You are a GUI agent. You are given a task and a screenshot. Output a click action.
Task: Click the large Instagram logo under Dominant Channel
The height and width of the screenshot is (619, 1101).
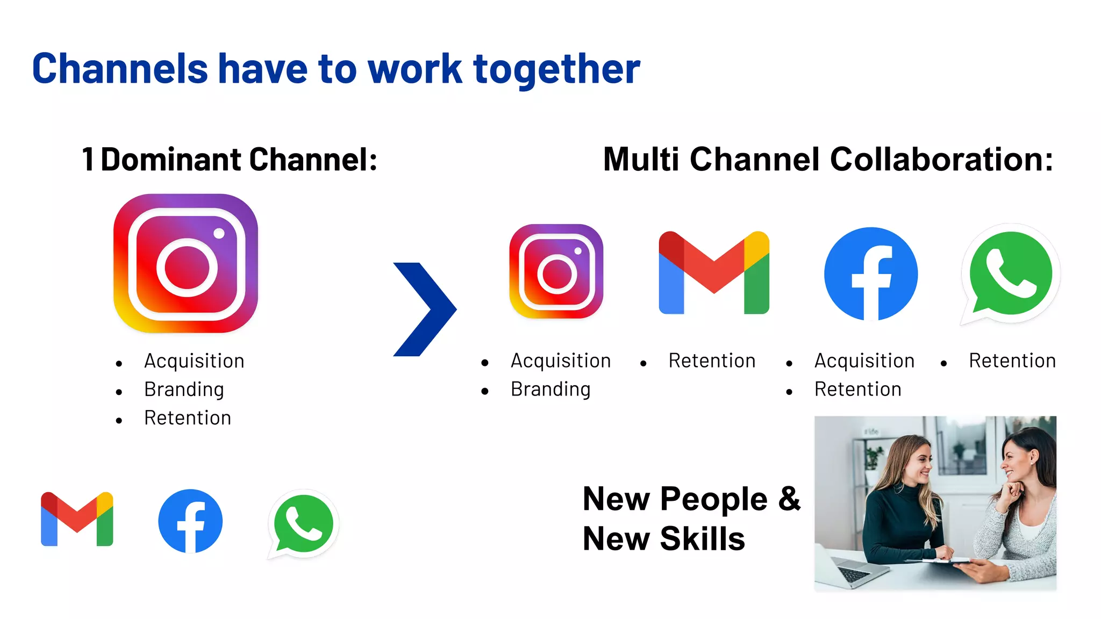click(185, 263)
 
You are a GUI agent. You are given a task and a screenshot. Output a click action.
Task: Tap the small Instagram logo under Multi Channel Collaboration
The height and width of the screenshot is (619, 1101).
click(556, 271)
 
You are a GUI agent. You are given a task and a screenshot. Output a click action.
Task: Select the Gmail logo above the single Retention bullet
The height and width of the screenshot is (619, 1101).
click(714, 272)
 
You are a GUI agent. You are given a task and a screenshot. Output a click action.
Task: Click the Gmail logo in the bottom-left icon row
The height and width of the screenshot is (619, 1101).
click(77, 519)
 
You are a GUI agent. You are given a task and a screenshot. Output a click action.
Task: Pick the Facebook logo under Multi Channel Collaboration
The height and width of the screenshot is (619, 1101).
click(871, 273)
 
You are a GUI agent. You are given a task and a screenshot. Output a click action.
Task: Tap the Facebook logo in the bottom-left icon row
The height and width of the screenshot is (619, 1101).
click(190, 521)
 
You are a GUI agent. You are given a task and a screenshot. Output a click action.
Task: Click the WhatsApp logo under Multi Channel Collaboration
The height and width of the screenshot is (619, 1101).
click(1010, 273)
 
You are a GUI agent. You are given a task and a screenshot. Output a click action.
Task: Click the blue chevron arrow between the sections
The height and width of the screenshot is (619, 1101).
click(425, 309)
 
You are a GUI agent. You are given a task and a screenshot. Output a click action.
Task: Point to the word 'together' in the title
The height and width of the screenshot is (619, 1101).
click(556, 70)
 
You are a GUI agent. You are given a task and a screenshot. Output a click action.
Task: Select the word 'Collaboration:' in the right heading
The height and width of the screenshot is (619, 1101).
click(941, 160)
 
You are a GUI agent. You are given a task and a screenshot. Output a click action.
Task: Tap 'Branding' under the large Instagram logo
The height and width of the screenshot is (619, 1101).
click(184, 390)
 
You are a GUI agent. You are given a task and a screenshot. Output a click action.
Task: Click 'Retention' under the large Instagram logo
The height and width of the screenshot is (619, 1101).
click(188, 418)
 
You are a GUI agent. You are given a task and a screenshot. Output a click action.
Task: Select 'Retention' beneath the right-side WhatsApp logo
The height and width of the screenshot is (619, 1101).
click(1012, 361)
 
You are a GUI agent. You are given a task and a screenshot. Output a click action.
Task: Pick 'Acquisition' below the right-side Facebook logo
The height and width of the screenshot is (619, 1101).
click(864, 361)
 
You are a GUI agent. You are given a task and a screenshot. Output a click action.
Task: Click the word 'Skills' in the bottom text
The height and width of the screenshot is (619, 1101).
click(702, 539)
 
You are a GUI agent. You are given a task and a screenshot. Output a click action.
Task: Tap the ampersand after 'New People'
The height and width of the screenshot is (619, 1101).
click(789, 499)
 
